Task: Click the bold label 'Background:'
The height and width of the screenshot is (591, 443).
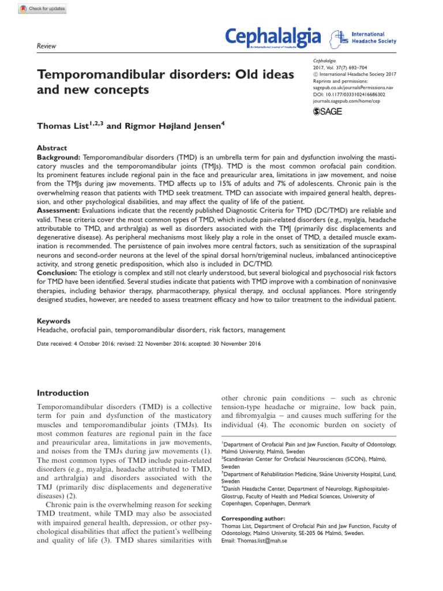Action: (x=59, y=157)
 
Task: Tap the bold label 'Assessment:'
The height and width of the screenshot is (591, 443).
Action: (x=60, y=211)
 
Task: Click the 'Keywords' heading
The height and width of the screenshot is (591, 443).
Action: (x=54, y=321)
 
